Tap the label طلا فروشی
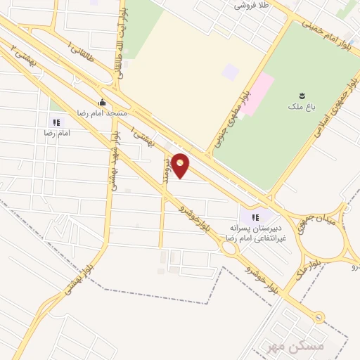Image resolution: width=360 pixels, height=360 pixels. pos(253,5)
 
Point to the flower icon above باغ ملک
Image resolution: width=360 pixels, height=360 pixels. pos(302,96)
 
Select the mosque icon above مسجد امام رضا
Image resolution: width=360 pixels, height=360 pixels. pos(103,102)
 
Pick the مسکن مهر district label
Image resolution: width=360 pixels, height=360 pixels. pos(284,347)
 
